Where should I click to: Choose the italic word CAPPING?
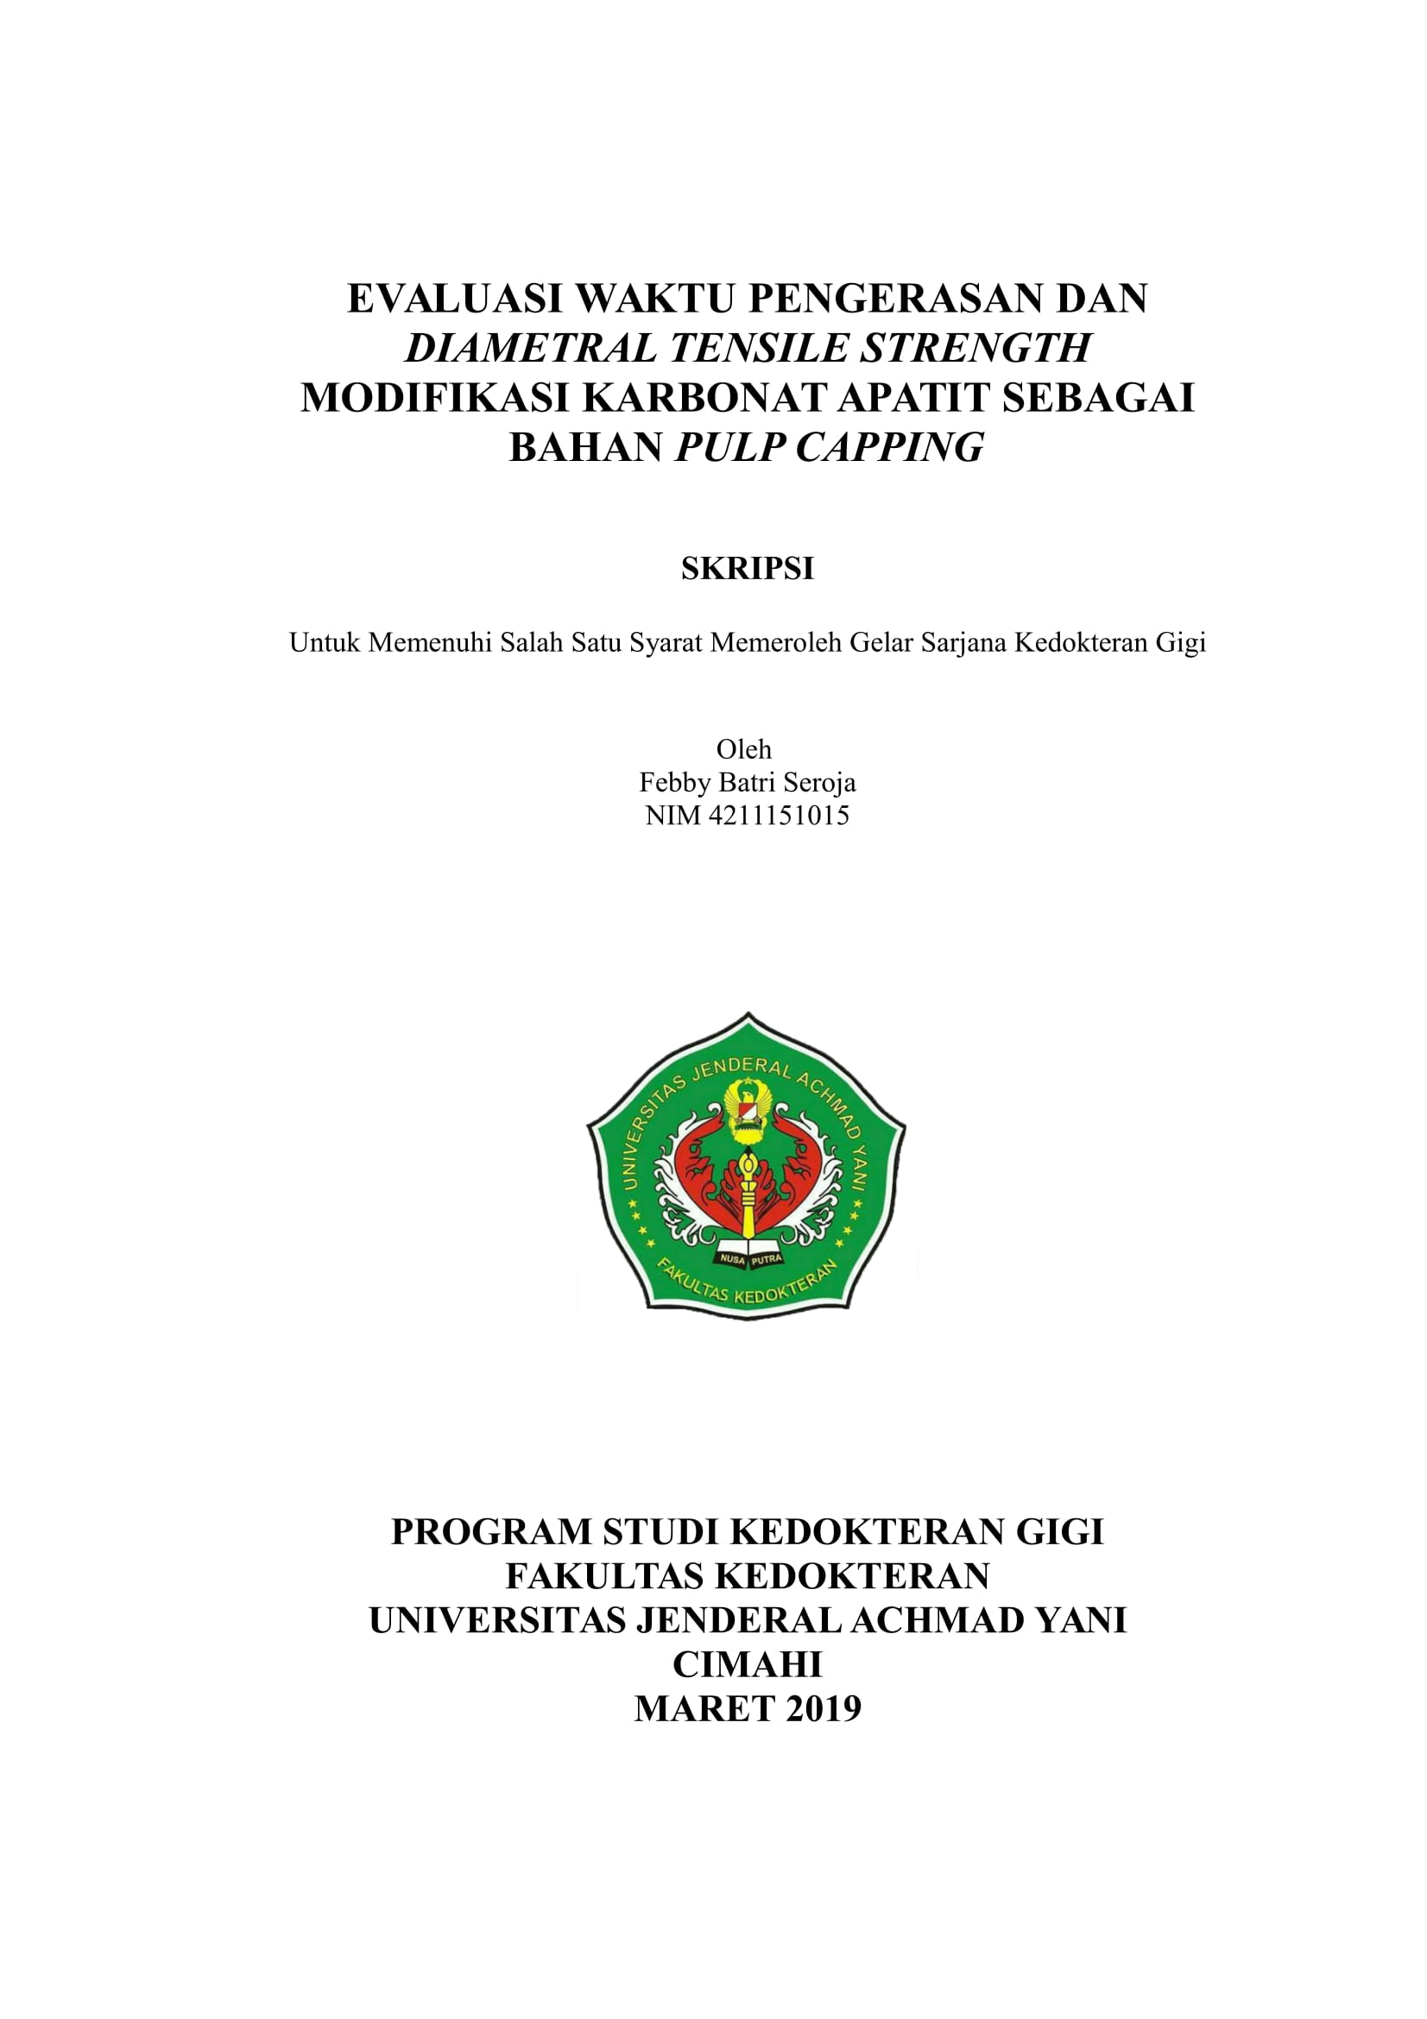pyautogui.click(x=890, y=448)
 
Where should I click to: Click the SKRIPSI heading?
pyautogui.click(x=748, y=569)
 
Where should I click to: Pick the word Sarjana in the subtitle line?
pyautogui.click(x=963, y=643)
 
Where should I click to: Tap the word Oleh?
pyautogui.click(x=744, y=749)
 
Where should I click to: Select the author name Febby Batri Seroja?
pyautogui.click(x=748, y=782)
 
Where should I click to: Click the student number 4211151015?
pyautogui.click(x=778, y=815)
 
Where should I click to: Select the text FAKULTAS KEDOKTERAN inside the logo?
pyautogui.click(x=748, y=1290)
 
